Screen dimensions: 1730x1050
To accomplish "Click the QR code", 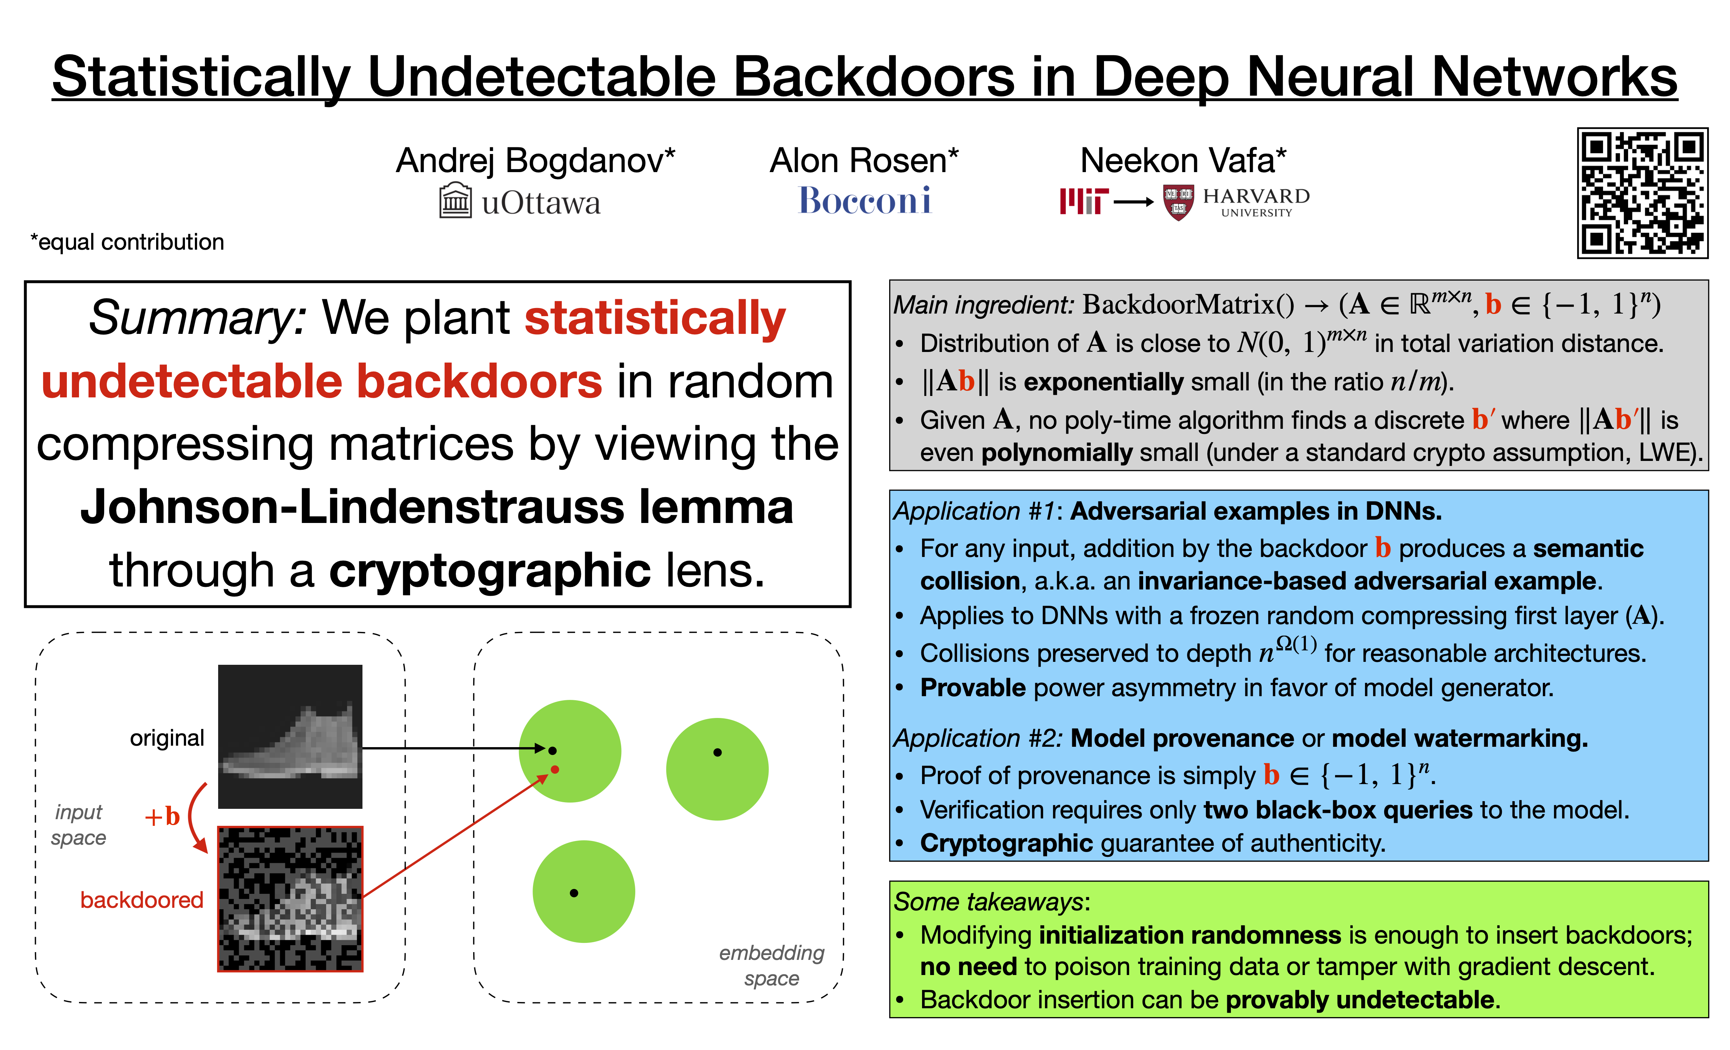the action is tap(1642, 193).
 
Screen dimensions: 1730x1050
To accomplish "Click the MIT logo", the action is tap(1083, 202).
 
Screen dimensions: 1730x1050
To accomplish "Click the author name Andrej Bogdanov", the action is tap(535, 161).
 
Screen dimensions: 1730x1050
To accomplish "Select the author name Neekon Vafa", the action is tap(1183, 161).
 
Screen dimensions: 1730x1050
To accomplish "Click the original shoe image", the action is tap(290, 737).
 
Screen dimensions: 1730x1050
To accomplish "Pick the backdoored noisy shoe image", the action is tap(290, 899).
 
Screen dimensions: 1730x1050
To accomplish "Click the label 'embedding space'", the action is tap(772, 965).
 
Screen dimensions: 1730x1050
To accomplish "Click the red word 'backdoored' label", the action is tap(142, 900).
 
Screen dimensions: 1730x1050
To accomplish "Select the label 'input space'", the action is tap(79, 825).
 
